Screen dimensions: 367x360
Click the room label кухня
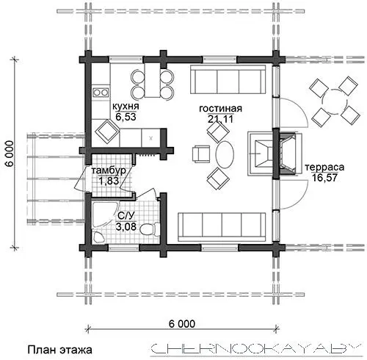[126, 107]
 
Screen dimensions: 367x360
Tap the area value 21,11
[220, 119]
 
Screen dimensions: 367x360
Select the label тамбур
[109, 170]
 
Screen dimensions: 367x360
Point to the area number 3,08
[126, 226]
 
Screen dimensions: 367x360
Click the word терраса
[324, 168]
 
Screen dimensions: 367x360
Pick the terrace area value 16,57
[324, 178]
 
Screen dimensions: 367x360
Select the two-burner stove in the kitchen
[101, 93]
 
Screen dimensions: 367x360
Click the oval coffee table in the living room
[225, 154]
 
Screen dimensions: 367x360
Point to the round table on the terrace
[335, 101]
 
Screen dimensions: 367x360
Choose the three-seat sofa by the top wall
[228, 79]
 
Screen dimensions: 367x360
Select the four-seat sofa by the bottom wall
[222, 227]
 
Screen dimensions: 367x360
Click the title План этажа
[59, 350]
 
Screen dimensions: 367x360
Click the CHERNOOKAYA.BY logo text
[255, 349]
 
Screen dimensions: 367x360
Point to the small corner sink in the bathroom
[99, 237]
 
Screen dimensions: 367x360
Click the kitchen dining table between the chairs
[152, 80]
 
